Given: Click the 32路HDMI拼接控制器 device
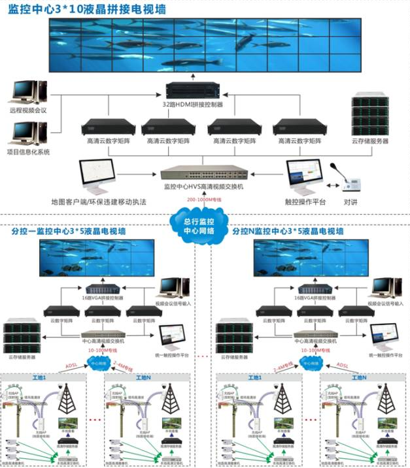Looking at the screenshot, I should point(194,90).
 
